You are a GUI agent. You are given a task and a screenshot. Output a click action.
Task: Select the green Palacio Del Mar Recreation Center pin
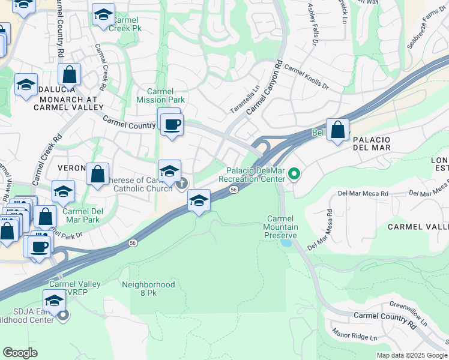(x=294, y=175)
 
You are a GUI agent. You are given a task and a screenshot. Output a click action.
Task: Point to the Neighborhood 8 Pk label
(x=148, y=289)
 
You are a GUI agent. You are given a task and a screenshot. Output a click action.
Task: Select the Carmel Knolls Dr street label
(x=307, y=77)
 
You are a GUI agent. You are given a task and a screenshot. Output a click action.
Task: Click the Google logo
(x=20, y=353)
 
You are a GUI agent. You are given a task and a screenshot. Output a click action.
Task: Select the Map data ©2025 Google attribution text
(x=412, y=355)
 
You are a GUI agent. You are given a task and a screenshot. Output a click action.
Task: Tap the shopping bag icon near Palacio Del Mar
(x=338, y=129)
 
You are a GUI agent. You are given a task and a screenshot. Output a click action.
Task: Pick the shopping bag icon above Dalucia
(x=70, y=75)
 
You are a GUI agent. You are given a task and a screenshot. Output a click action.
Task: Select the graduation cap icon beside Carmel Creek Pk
(x=103, y=16)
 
